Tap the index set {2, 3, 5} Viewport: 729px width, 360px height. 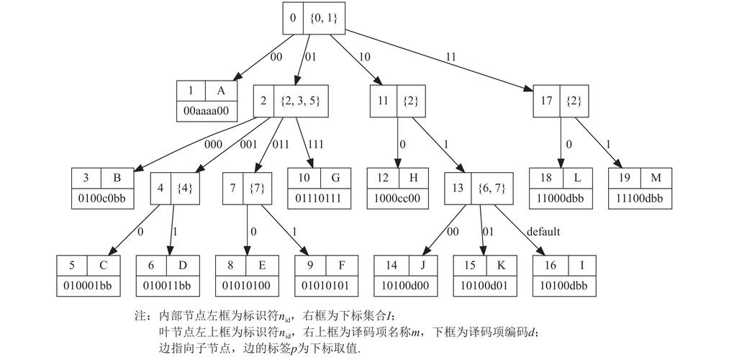pyautogui.click(x=301, y=101)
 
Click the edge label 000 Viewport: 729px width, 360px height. pyautogui.click(x=214, y=144)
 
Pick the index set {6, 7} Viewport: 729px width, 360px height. pyautogui.click(x=492, y=189)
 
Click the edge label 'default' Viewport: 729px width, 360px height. pyautogui.click(x=543, y=232)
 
